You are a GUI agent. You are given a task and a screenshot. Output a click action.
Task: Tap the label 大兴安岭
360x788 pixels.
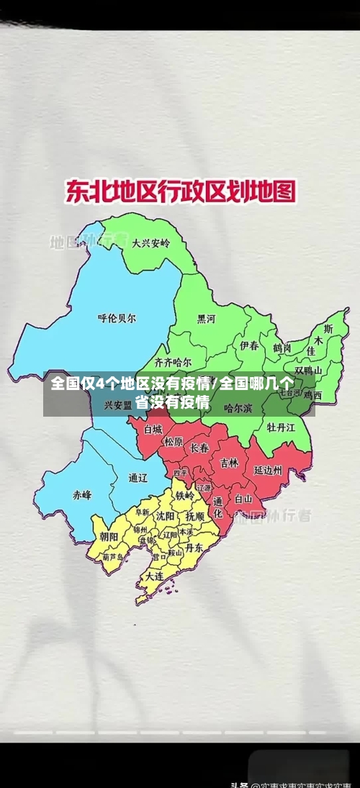pyautogui.click(x=150, y=243)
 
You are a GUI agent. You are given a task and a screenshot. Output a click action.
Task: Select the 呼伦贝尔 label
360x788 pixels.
pyautogui.click(x=117, y=317)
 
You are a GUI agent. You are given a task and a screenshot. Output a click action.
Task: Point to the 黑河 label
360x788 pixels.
pyautogui.click(x=206, y=318)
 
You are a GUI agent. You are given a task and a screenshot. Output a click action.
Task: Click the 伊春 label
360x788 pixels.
pyautogui.click(x=249, y=345)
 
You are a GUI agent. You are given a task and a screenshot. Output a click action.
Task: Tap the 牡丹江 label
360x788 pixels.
pyautogui.click(x=282, y=427)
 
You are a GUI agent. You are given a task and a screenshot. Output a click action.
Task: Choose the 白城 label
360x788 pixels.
pyautogui.click(x=153, y=429)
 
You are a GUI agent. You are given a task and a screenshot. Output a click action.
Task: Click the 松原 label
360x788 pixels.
pyautogui.click(x=174, y=441)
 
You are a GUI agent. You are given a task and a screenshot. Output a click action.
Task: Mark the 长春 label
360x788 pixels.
pyautogui.click(x=199, y=448)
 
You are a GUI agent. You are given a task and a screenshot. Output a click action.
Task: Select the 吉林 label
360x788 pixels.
pyautogui.click(x=229, y=463)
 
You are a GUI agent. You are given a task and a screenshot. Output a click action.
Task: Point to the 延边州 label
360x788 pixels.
pyautogui.click(x=268, y=471)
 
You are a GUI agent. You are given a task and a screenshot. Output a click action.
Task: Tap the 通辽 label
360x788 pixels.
pyautogui.click(x=138, y=477)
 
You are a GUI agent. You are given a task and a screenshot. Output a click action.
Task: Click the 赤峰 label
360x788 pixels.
pyautogui.click(x=82, y=494)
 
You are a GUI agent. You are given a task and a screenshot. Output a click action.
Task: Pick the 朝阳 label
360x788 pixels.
pyautogui.click(x=109, y=536)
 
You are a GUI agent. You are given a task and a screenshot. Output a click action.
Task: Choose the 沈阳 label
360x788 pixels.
pyautogui.click(x=165, y=516)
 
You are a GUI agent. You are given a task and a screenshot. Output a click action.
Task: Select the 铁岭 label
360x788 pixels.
pyautogui.click(x=185, y=496)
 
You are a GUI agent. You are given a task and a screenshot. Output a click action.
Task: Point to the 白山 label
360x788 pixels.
pyautogui.click(x=243, y=498)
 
